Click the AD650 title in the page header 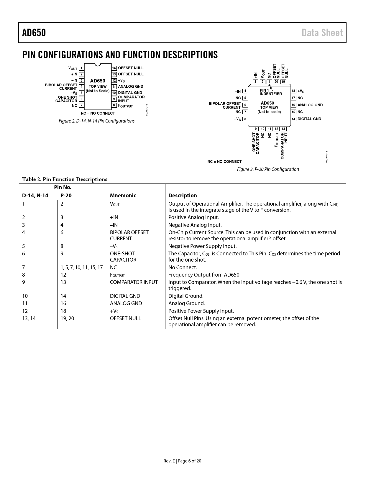tap(34, 33)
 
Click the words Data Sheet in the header tap(322, 33)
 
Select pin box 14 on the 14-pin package tap(114, 68)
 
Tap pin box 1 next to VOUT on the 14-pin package tap(81, 68)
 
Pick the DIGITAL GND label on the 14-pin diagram tap(130, 93)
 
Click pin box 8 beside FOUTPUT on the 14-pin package tap(114, 105)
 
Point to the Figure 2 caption tap(96, 121)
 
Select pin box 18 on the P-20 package tap(293, 91)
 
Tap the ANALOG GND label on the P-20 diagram tap(310, 105)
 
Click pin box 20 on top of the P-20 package tap(276, 82)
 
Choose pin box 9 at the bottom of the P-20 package tap(256, 129)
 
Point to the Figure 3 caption tap(268, 169)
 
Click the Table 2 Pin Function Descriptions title tap(65, 179)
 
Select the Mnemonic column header tap(123, 196)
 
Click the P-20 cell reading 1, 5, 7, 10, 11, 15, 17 tap(82, 267)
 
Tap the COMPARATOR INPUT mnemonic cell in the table tap(134, 282)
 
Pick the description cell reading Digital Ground tap(186, 296)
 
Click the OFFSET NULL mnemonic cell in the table tap(125, 318)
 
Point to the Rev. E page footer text tap(182, 461)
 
